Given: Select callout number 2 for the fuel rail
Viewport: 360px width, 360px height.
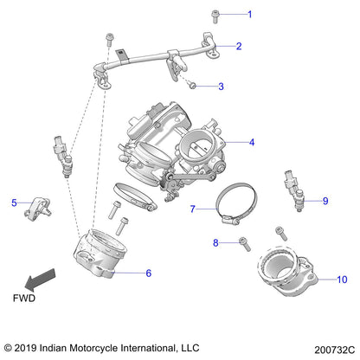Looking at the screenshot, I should [x=239, y=47].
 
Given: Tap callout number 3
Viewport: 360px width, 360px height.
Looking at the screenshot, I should [x=221, y=87].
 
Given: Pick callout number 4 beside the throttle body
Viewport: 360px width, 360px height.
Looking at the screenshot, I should [x=252, y=142].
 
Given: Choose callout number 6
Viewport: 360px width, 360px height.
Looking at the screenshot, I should [x=148, y=273].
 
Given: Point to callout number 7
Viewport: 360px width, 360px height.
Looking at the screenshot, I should [x=194, y=209].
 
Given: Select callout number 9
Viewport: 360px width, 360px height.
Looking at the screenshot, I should [x=325, y=201].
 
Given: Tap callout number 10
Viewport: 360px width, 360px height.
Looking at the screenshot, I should [x=341, y=280].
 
